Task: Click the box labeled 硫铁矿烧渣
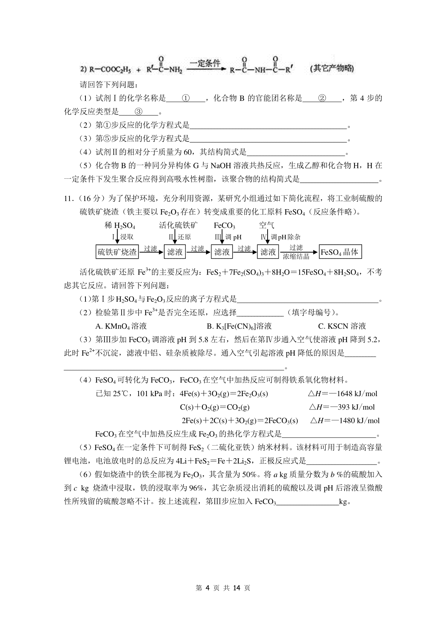pos(117,252)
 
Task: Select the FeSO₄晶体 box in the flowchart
pos(340,252)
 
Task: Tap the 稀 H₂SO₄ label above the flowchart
pos(120,226)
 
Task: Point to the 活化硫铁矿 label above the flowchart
pos(178,225)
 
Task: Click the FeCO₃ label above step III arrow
pos(224,226)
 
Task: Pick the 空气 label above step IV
pos(266,225)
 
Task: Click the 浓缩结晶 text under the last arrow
pos(296,256)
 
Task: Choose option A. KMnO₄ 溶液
pos(121,326)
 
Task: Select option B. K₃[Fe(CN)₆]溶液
pos(239,326)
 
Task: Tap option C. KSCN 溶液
pos(342,326)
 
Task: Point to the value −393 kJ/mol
pos(348,407)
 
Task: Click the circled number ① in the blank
pos(186,98)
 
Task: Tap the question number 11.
pos(69,198)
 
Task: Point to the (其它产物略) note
pos(331,69)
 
